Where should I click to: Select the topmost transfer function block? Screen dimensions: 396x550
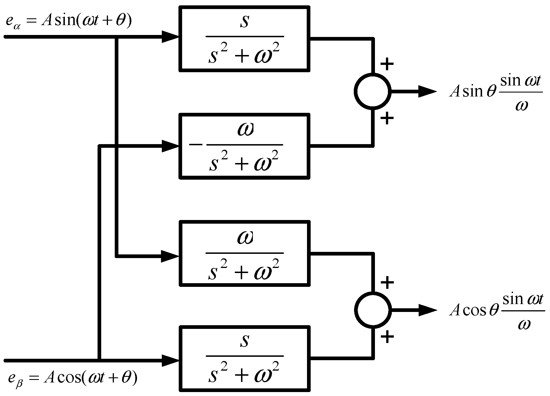click(244, 39)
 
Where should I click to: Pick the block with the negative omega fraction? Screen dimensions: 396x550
click(244, 146)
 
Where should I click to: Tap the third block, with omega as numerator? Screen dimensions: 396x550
click(244, 254)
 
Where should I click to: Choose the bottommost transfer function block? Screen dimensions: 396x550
click(244, 358)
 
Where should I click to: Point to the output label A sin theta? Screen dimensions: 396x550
click(496, 92)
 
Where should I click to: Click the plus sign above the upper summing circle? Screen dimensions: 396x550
click(387, 64)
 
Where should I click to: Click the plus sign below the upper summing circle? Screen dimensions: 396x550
click(387, 118)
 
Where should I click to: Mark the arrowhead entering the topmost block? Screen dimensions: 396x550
click(170, 37)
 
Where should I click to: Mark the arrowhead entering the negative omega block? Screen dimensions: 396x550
click(170, 146)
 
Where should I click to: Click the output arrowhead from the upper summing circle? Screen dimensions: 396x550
click(427, 91)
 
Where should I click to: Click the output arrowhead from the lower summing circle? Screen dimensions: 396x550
click(427, 310)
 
